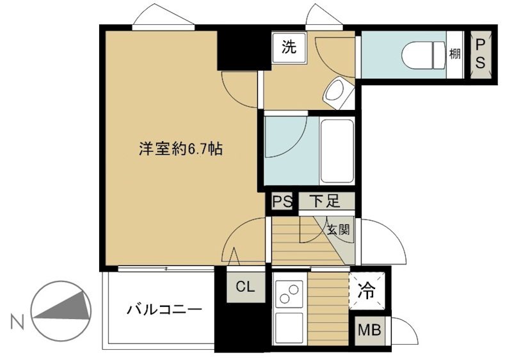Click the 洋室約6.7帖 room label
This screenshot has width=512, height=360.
181,150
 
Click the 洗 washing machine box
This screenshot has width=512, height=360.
289,47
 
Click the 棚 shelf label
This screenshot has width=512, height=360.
454,54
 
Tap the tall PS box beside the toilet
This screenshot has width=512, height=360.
481,54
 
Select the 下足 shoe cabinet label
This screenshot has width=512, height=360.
324,202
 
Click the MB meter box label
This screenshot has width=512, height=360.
368,331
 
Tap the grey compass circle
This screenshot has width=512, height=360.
61,311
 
